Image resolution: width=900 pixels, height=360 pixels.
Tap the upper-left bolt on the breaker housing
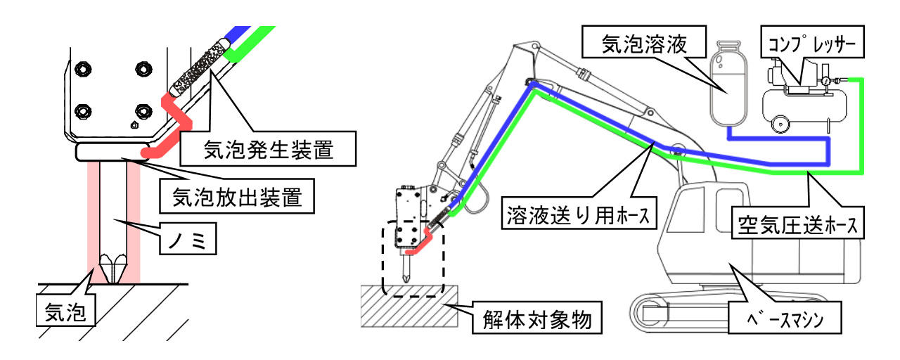83,69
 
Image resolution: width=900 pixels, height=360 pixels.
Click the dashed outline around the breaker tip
382,260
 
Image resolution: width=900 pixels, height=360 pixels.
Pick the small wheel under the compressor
779,124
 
